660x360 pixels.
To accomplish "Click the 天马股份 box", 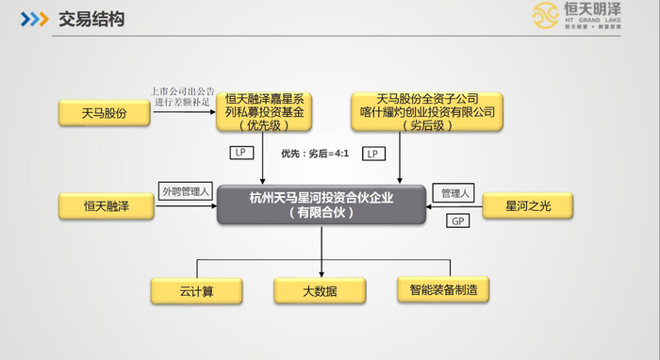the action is [106, 112].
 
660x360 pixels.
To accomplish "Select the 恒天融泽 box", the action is [106, 205].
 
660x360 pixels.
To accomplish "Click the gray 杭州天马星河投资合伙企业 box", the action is [321, 205].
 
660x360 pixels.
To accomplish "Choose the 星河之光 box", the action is [525, 205].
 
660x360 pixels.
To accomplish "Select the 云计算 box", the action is [197, 290].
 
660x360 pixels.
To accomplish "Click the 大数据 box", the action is [321, 290].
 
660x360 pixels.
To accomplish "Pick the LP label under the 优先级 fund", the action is [240, 151].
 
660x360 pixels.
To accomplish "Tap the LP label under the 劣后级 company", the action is [373, 152].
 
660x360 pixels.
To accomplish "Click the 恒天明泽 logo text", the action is [605, 12].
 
